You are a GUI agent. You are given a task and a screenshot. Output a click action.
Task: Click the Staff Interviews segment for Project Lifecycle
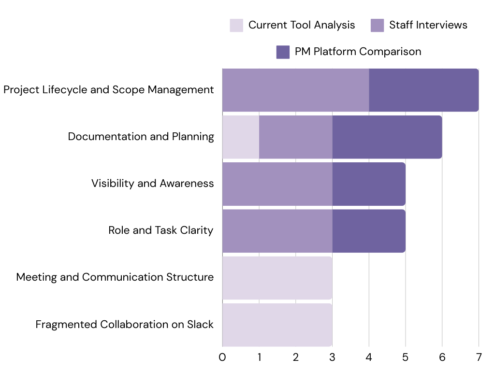pos(295,90)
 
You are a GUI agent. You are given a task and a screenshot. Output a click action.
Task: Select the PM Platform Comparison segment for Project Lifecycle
pos(423,90)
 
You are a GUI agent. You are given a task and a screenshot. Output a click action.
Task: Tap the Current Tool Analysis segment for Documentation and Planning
pos(241,137)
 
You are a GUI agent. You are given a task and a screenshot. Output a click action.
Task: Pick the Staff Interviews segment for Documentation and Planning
pos(295,137)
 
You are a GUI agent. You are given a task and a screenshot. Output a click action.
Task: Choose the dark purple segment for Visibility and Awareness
pos(368,184)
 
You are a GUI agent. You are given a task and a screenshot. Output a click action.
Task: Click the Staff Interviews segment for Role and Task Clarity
pos(277,231)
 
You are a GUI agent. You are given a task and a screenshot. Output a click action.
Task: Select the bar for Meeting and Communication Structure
pos(277,278)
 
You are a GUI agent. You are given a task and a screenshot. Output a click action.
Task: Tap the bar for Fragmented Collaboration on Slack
pos(277,325)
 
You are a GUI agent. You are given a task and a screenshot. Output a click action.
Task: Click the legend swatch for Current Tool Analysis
pos(236,25)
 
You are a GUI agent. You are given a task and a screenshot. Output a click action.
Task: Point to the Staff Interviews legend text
pos(428,25)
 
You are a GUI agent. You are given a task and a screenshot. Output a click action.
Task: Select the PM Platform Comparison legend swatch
pos(283,52)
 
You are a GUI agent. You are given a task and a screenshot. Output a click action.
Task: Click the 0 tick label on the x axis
pos(222,357)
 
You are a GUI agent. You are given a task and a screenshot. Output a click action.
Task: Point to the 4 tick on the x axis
pos(369,357)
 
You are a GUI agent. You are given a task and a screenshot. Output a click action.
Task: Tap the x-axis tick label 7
pos(479,357)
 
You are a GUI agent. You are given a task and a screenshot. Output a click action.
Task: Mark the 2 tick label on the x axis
pos(296,357)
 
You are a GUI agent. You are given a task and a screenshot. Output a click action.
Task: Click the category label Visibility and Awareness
pos(152,184)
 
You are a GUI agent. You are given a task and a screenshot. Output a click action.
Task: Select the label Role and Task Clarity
pos(160,230)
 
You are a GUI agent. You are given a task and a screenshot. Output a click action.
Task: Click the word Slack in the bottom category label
pos(200,325)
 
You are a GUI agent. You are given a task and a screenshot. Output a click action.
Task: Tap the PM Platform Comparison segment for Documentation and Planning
pos(387,137)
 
